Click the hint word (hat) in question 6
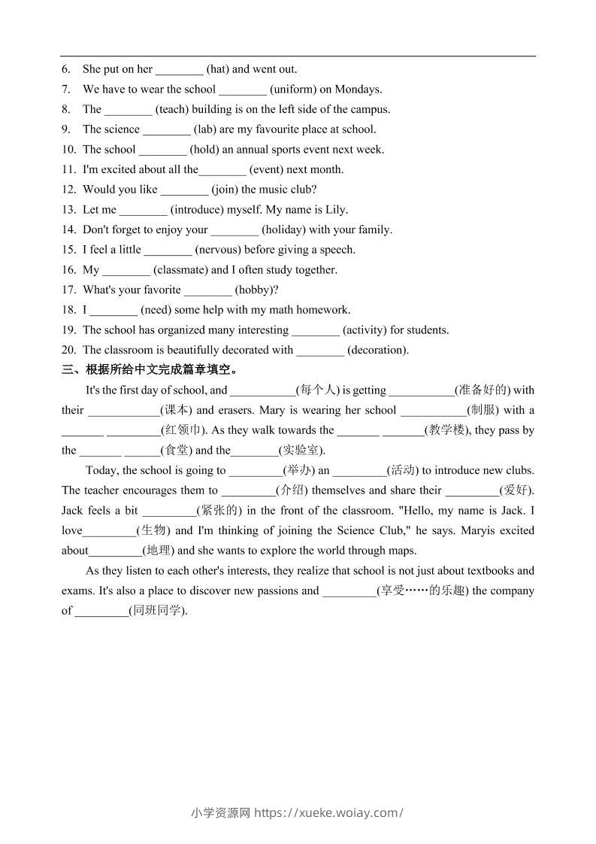coord(218,69)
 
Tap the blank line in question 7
coord(242,90)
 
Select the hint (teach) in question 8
coord(172,109)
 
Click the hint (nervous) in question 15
coord(217,250)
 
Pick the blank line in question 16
coord(126,270)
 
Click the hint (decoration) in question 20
coord(378,350)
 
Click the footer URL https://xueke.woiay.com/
coord(329,812)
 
